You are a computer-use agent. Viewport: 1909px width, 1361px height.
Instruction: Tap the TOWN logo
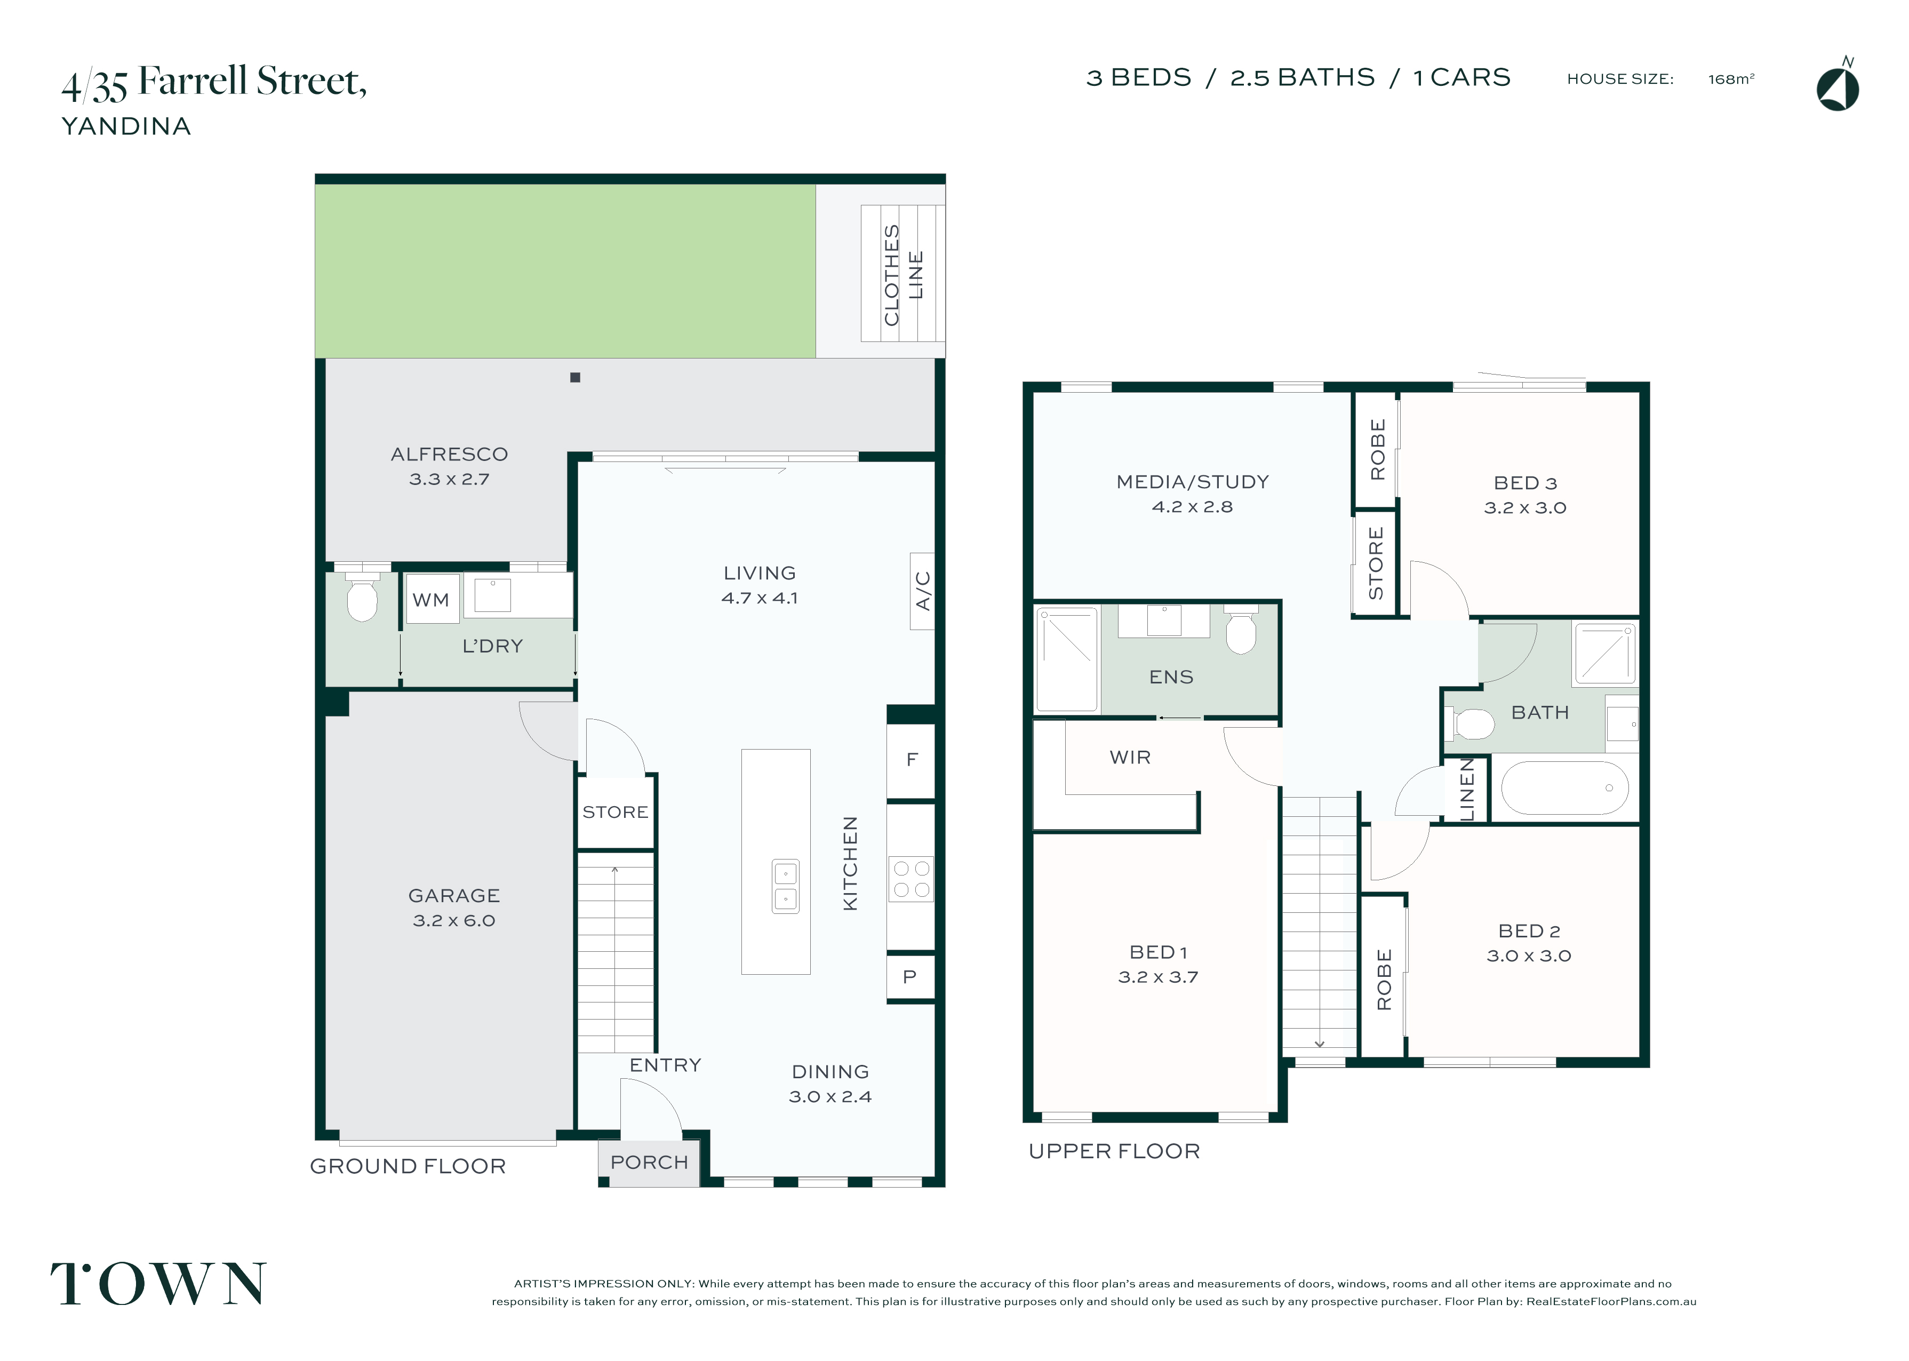coord(158,1283)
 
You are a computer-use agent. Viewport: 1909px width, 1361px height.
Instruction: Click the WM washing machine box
coord(432,599)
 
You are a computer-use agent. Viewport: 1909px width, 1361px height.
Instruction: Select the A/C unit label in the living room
coord(922,591)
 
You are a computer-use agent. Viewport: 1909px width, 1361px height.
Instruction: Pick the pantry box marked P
coord(910,976)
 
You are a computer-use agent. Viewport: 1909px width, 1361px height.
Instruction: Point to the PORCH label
coord(649,1163)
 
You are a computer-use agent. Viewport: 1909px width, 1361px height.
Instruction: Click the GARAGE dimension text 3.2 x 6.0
coord(454,920)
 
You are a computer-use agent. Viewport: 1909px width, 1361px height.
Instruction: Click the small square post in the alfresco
coord(574,377)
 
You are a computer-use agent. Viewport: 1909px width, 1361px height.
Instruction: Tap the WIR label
coord(1130,758)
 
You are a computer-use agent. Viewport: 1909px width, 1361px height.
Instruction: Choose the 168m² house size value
coord(1730,79)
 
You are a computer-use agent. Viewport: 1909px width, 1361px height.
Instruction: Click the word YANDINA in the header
coord(126,126)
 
